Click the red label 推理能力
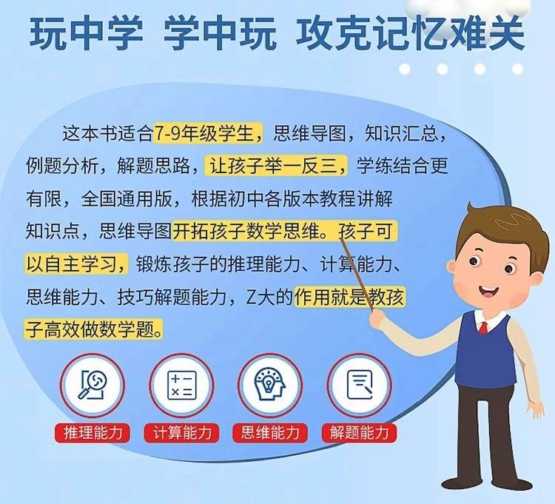coord(92,432)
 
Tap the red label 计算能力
coord(181,432)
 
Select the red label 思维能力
coord(270,432)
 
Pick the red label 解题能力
coord(359,432)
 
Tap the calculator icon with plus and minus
coord(181,386)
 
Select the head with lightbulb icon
coord(269,384)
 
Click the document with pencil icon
coord(360,385)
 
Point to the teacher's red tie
coord(483,328)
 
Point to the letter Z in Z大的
coord(251,298)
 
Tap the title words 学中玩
coord(220,33)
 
